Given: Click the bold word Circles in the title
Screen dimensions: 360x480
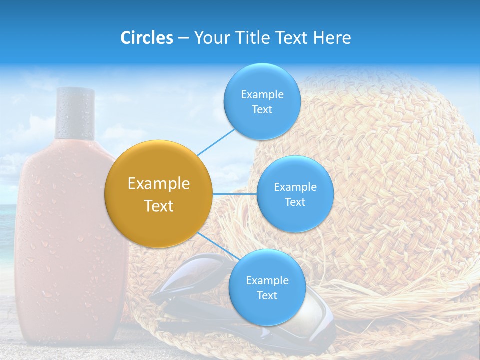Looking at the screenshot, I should point(147,38).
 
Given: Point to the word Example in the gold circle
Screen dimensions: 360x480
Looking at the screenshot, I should point(159,184).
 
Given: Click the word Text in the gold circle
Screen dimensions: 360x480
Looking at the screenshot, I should point(159,206).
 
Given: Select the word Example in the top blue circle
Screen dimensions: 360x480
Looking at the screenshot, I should point(262,95).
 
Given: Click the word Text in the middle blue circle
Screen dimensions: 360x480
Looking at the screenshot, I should point(295,202).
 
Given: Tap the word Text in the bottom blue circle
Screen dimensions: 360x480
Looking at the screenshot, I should point(267,295).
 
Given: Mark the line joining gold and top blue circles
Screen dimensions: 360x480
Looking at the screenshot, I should point(216,142).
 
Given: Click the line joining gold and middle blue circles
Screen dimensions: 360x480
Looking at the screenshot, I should point(235,194).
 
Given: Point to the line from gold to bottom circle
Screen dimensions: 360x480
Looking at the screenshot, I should point(215,245).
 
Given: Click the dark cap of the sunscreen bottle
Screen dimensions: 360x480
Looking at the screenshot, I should point(75,113).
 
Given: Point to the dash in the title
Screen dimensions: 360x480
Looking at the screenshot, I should point(183,38).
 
